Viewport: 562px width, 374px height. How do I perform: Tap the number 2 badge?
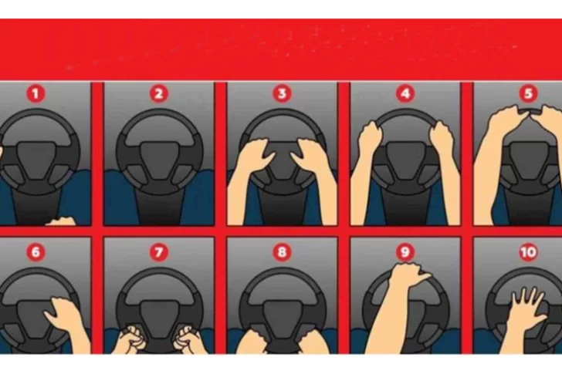point(158,94)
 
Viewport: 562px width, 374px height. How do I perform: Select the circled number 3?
point(282,94)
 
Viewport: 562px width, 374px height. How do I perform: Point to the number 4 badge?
point(405,94)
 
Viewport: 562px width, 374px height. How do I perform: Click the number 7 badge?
point(158,251)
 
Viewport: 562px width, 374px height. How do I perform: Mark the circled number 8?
point(282,251)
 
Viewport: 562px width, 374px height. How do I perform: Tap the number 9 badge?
point(405,251)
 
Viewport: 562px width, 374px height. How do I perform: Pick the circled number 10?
point(527,251)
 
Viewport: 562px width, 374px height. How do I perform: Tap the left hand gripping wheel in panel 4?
point(370,139)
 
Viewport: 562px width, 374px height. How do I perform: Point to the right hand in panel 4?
point(442,139)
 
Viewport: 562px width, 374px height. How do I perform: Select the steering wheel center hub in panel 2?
point(158,158)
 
